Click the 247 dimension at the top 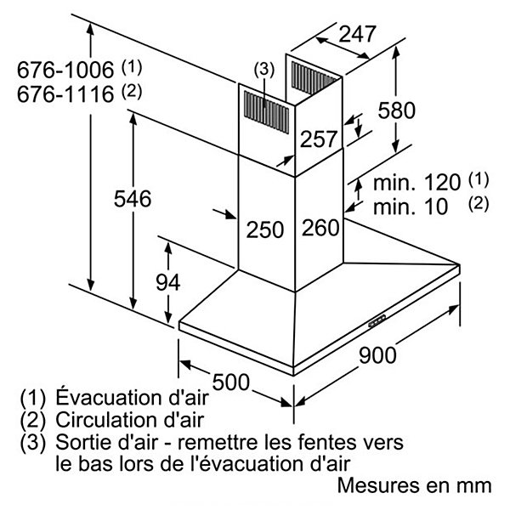357,33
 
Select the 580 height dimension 396,110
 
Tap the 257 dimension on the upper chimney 319,139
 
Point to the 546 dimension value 133,198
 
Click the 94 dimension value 167,282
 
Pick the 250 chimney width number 264,229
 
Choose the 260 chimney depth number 320,227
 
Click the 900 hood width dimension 377,354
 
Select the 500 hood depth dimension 230,382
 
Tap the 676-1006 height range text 65,70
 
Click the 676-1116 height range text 65,94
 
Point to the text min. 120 416,183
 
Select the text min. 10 411,207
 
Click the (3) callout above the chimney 263,70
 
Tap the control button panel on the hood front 377,320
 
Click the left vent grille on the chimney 266,112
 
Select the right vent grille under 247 312,77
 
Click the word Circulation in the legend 107,420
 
